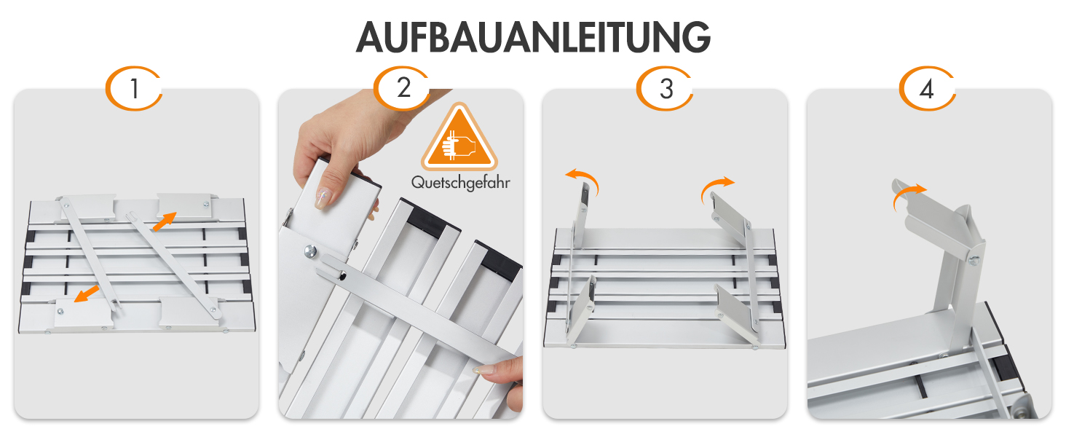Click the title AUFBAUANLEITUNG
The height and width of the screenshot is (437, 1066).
coord(533,37)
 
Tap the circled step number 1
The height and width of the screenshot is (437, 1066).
coord(134,89)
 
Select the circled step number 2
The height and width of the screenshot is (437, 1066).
coord(402,88)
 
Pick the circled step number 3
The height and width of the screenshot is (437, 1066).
coord(665,89)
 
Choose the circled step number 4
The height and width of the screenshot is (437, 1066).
coord(927,89)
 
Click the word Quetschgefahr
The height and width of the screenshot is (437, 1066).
coord(460,183)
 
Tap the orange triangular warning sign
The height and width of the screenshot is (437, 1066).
coord(459,137)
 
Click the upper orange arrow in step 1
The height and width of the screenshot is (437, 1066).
coord(165,221)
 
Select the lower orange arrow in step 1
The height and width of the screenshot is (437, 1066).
coord(87,294)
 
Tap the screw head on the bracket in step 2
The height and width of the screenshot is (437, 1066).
coord(312,251)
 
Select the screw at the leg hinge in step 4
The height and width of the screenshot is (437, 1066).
coord(974,260)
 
